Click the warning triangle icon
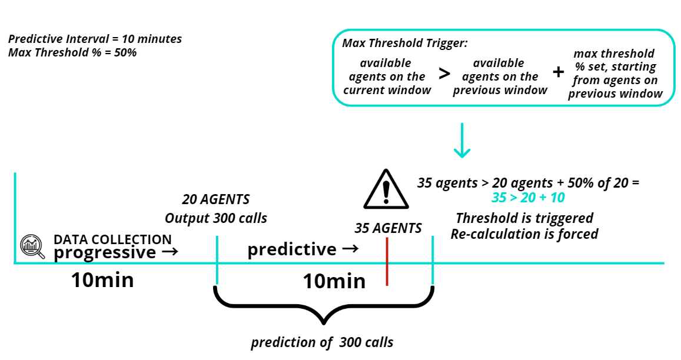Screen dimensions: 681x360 [386, 190]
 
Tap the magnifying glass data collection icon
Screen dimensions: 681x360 [32, 246]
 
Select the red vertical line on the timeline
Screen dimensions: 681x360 [387, 261]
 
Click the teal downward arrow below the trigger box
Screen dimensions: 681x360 [462, 140]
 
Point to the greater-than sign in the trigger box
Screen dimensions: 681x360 [444, 74]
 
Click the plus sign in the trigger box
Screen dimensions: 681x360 [559, 72]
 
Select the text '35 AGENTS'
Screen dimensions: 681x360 [388, 228]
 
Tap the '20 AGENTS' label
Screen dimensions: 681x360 [216, 199]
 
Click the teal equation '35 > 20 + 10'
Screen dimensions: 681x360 [528, 198]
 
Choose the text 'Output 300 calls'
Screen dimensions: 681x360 [216, 218]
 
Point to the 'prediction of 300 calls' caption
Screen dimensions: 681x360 [322, 342]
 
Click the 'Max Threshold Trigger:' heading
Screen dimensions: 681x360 [405, 43]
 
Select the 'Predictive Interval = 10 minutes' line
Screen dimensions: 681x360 [95, 39]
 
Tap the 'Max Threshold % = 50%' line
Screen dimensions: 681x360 [72, 52]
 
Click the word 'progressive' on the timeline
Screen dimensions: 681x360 [105, 252]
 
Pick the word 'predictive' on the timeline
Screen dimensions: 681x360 [292, 249]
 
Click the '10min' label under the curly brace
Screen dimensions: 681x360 [334, 281]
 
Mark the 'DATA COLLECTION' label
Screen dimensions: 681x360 [112, 239]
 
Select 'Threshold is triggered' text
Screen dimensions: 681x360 [524, 218]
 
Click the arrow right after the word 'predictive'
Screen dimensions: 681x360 [350, 249]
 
